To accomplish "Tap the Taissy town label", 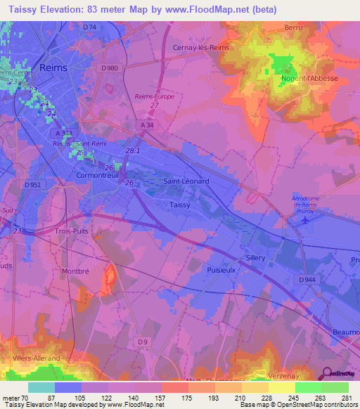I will click(180, 204).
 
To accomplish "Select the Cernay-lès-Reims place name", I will click(202, 48).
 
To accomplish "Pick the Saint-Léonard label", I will click(186, 181).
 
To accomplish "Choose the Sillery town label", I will click(255, 258).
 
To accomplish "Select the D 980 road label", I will click(110, 68).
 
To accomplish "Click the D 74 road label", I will click(89, 27).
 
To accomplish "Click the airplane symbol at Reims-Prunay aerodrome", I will click(304, 219).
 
